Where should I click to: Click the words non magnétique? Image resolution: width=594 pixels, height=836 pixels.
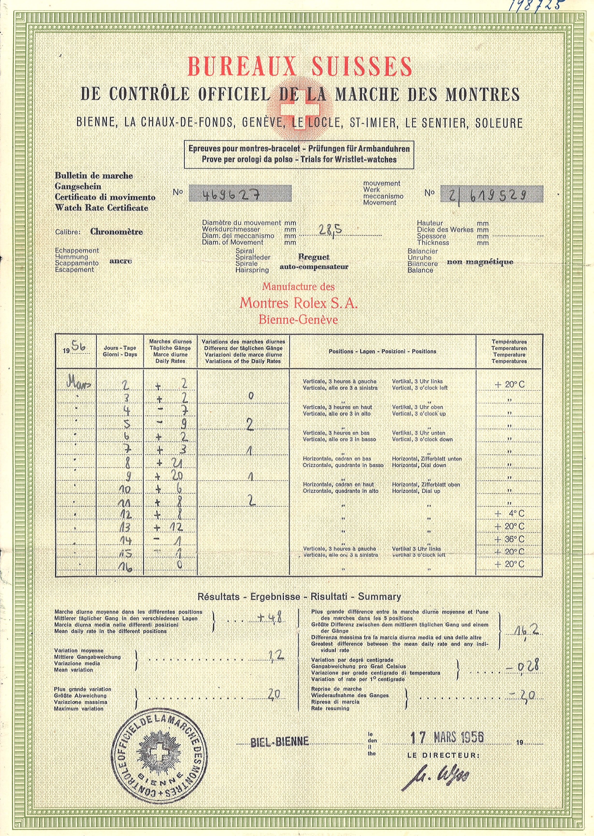pyautogui.click(x=480, y=262)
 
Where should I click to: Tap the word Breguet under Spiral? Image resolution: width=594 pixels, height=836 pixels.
pyautogui.click(x=314, y=257)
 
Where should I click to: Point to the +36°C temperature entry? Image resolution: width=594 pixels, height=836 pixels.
pyautogui.click(x=509, y=539)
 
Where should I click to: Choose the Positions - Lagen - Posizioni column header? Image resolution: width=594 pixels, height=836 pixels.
pyautogui.click(x=382, y=352)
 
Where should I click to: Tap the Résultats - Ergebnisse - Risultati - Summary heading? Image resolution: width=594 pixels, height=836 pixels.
pyautogui.click(x=299, y=597)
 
